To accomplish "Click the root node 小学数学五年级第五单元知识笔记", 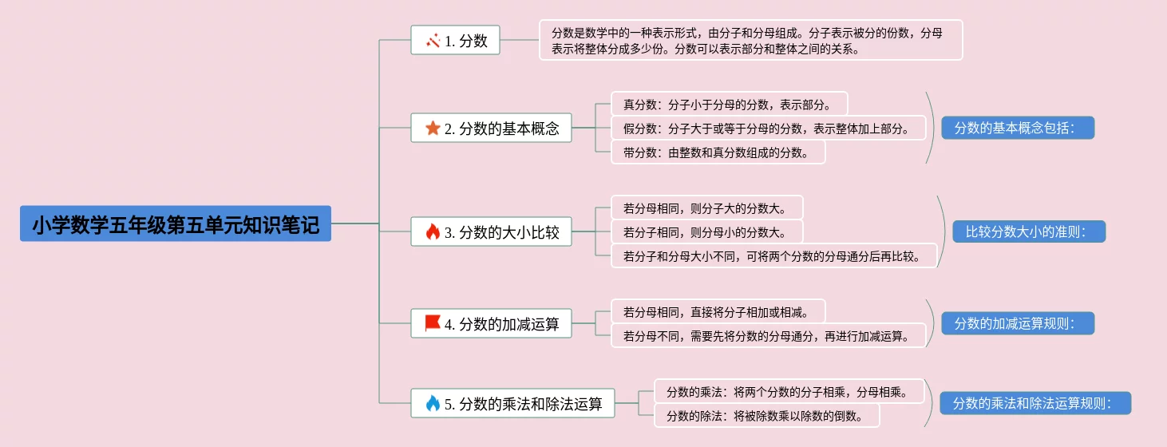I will pos(176,224).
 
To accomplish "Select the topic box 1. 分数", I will pos(455,41).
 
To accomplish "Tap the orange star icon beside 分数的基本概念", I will pos(433,128).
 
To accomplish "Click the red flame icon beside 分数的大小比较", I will pos(433,232).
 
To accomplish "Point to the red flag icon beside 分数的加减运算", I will pos(433,323).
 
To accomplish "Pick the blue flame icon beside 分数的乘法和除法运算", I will pos(433,403).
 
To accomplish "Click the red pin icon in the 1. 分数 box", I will pos(433,41).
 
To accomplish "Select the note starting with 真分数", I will pos(729,105).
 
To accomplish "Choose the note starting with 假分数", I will pos(768,129).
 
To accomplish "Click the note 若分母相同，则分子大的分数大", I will pos(706,208).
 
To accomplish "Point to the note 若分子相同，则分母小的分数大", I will pos(706,232).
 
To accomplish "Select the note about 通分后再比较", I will pos(773,256).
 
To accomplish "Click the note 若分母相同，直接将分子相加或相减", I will pos(718,312).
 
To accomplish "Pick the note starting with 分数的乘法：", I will pos(789,392).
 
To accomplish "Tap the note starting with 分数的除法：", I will pos(766,415).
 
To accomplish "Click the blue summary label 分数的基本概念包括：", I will pos(1017,128).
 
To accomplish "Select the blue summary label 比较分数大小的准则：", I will pos(1028,232).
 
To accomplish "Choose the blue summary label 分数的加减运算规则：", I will pos(1017,323).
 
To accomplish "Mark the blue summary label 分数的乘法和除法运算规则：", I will pos(1035,403).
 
